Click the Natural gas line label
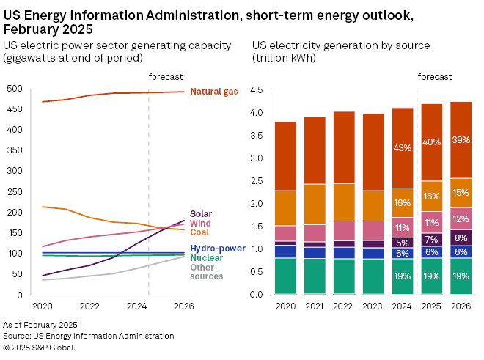pyautogui.click(x=214, y=92)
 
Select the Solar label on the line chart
pyautogui.click(x=201, y=214)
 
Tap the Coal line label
pyautogui.click(x=199, y=232)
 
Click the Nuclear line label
pyautogui.click(x=206, y=258)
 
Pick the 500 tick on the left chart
pyautogui.click(x=15, y=89)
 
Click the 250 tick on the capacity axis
pyautogui.click(x=15, y=192)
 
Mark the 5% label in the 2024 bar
pyautogui.click(x=402, y=243)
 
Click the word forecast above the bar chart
pyautogui.click(x=435, y=76)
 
